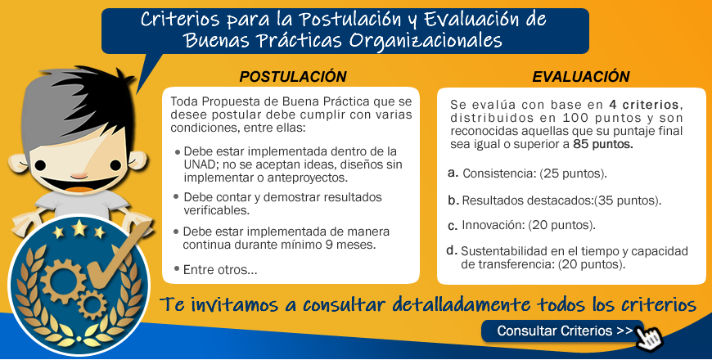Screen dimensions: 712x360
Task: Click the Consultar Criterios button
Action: (562, 331)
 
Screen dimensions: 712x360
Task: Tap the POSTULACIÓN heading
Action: (293, 77)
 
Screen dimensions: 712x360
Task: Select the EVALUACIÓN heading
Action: (581, 77)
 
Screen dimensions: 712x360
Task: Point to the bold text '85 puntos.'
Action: (603, 145)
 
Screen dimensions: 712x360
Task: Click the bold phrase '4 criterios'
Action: (644, 105)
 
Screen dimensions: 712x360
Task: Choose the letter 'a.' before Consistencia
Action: (453, 173)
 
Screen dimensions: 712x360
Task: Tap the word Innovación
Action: (493, 225)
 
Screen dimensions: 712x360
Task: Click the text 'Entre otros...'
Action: (220, 270)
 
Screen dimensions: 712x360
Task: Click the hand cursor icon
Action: (649, 337)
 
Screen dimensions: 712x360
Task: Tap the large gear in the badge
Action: (63, 281)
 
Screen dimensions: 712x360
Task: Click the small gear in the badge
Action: (92, 304)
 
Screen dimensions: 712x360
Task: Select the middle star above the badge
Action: (79, 228)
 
